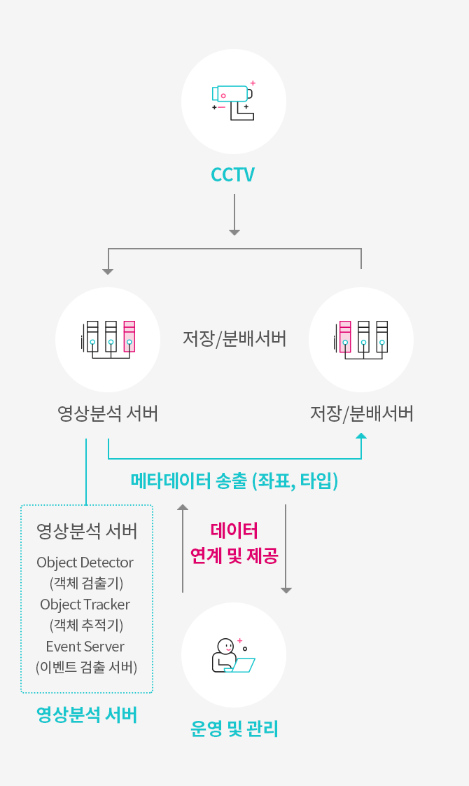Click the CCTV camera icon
(x=233, y=100)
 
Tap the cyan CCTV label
(x=233, y=174)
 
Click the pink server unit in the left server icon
(x=129, y=337)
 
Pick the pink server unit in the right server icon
(x=345, y=337)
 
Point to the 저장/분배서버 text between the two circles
(x=234, y=339)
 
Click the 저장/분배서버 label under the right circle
(x=361, y=414)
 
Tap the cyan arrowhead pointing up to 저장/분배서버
(x=361, y=436)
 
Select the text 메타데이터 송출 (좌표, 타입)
(x=234, y=481)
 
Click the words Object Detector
(x=85, y=562)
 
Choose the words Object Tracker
(x=85, y=604)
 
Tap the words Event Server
(x=85, y=646)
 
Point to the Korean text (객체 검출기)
(x=86, y=583)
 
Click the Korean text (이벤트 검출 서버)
(x=86, y=667)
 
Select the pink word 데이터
(x=234, y=530)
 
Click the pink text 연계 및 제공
(x=234, y=556)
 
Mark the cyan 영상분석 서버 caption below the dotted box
(x=86, y=715)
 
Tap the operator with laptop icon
(x=233, y=656)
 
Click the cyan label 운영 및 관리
(x=234, y=729)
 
